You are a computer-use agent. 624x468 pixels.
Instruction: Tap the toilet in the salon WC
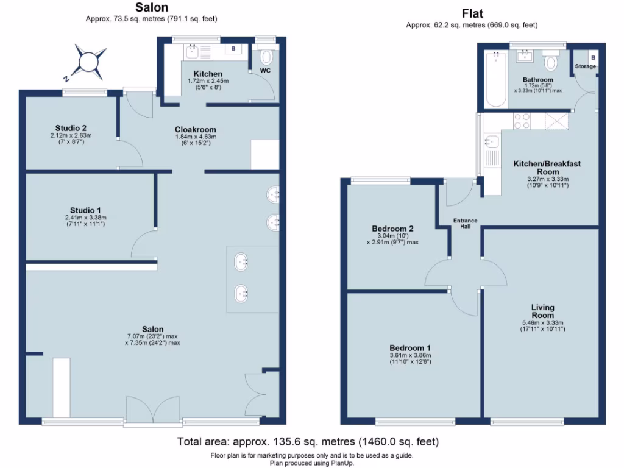pyautogui.click(x=267, y=58)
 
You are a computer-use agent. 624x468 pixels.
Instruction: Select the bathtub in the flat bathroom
pyautogui.click(x=494, y=79)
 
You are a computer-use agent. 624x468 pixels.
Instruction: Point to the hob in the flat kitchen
pyautogui.click(x=522, y=121)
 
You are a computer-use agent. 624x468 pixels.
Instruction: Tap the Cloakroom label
pyautogui.click(x=195, y=130)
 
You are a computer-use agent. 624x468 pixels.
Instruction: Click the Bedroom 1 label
pyautogui.click(x=393, y=348)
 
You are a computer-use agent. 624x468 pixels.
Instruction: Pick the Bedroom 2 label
pyautogui.click(x=393, y=229)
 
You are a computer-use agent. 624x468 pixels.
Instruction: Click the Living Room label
pyautogui.click(x=542, y=311)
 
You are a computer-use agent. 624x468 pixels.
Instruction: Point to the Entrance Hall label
pyautogui.click(x=464, y=224)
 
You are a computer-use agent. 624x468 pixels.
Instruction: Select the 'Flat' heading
pyautogui.click(x=472, y=14)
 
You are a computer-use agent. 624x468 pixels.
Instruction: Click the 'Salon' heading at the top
pyautogui.click(x=152, y=7)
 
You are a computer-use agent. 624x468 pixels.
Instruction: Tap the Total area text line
pyautogui.click(x=308, y=441)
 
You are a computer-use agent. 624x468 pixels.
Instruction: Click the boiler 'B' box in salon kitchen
pyautogui.click(x=233, y=49)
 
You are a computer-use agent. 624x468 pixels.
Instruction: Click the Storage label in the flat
pyautogui.click(x=586, y=66)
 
